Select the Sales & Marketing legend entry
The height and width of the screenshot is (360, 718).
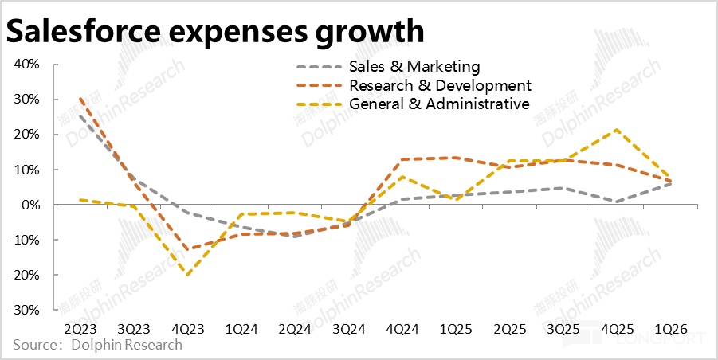[414, 66]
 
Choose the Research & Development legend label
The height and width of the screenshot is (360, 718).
[440, 85]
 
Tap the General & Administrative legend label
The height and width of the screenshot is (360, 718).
[439, 104]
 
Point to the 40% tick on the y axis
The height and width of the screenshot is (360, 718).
[26, 65]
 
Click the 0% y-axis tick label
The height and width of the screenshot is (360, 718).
[30, 205]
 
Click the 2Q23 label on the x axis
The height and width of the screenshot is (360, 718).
[81, 329]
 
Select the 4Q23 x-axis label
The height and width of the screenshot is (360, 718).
[188, 329]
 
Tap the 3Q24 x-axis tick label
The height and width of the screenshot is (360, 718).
[347, 329]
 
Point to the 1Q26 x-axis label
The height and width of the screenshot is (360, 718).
[669, 329]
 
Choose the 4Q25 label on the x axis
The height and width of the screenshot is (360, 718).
[616, 329]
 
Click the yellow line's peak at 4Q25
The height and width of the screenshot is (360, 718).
[616, 130]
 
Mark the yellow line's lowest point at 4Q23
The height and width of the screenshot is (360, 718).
[188, 276]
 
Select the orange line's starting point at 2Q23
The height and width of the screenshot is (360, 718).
[81, 99]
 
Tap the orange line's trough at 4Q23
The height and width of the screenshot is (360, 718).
[188, 249]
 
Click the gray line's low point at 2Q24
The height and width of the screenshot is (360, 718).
[295, 236]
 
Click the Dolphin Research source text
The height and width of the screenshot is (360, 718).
[126, 345]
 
